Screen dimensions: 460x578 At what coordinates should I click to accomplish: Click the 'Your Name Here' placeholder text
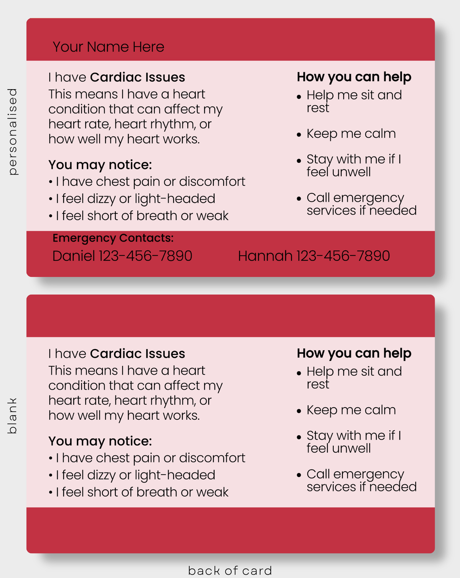[x=108, y=47]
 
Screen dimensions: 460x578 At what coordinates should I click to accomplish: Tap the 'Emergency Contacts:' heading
[x=113, y=238]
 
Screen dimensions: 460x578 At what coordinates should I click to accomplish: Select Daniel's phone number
[x=146, y=256]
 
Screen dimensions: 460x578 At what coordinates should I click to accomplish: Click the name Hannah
[x=265, y=256]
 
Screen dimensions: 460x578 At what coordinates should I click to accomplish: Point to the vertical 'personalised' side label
[x=13, y=132]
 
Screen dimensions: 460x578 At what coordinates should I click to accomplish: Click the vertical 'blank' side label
[x=13, y=416]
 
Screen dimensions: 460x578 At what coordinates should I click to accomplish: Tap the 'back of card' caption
[x=230, y=570]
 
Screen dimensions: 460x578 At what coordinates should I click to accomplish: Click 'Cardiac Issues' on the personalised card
[x=138, y=77]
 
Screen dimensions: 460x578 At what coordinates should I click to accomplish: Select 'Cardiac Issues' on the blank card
[x=138, y=354]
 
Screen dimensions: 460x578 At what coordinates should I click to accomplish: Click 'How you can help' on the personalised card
[x=354, y=77]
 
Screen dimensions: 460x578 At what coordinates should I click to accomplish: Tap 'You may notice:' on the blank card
[x=100, y=442]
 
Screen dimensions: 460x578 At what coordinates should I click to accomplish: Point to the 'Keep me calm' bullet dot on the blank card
[x=299, y=411]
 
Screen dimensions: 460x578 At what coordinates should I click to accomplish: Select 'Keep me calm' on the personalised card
[x=351, y=134]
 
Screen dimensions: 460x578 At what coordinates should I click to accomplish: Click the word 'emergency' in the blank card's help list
[x=368, y=475]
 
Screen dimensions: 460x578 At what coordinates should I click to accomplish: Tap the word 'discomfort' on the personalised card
[x=212, y=182]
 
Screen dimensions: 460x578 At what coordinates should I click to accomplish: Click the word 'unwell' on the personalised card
[x=351, y=172]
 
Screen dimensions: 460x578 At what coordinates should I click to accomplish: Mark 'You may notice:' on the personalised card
[x=100, y=165]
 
